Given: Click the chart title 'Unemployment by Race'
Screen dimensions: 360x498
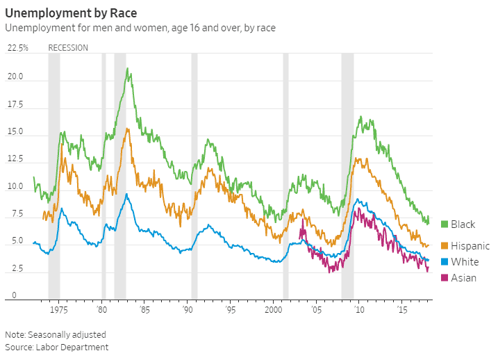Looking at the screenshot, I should pos(75,13).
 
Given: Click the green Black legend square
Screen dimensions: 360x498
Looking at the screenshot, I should pos(445,224).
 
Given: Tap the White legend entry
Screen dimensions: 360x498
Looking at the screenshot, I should pos(463,262).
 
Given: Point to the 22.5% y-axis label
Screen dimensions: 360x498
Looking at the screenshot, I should pos(18,48).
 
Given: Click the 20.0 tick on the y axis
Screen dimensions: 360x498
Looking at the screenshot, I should pos(15,76).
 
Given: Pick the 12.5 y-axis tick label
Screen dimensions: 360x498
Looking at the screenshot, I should pos(15,159).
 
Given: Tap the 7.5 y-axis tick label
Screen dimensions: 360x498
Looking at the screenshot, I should pos(15,214).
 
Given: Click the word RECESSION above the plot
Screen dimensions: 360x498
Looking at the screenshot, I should pos(68,48).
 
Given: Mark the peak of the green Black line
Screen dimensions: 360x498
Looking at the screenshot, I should pos(127,68).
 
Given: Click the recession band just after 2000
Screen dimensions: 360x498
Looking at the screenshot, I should pos(285,174).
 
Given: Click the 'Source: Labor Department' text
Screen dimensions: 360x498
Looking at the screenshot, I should pos(57,347).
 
